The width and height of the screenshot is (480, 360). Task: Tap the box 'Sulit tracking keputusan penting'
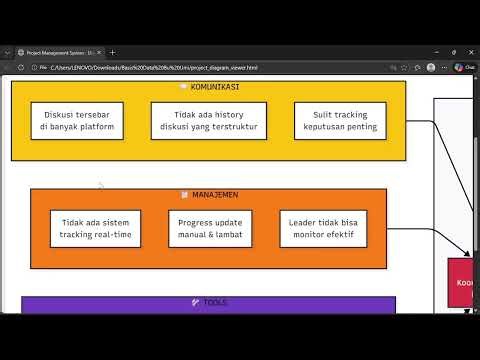click(337, 121)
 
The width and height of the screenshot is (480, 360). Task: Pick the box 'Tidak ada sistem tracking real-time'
click(95, 228)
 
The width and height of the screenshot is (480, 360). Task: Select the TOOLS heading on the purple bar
click(214, 302)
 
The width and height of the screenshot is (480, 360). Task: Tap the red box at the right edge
click(462, 282)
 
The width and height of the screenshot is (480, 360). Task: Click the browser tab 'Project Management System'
click(58, 52)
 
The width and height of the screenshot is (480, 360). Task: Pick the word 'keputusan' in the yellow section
click(318, 128)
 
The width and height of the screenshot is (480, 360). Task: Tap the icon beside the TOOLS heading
click(196, 302)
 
